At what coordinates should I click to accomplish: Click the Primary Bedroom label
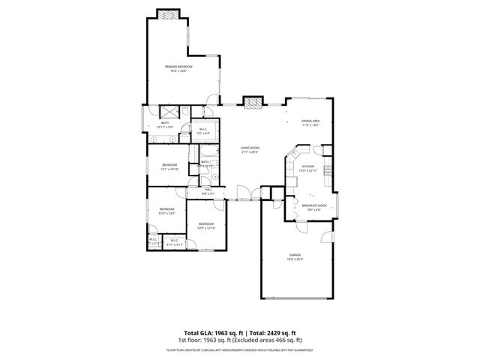pos(178,67)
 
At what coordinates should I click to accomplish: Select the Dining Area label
pos(310,121)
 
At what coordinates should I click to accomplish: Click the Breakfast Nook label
pos(314,205)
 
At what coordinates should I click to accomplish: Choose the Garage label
pos(295,255)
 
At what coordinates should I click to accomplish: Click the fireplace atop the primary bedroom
pos(169,14)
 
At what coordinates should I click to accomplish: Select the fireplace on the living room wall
pos(254,102)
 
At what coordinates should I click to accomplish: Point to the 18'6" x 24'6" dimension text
pos(178,71)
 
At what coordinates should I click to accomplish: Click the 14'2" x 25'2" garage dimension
pos(295,259)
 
